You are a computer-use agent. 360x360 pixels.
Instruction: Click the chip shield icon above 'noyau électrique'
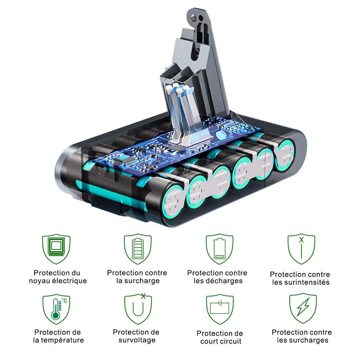point(56,249)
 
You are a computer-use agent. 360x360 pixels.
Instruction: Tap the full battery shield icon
point(138,249)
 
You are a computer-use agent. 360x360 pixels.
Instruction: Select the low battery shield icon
point(220,249)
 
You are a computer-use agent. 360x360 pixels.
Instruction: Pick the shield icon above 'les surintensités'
point(301,249)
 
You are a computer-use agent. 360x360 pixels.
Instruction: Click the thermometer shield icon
point(56,309)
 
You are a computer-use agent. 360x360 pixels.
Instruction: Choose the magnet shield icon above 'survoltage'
point(138,309)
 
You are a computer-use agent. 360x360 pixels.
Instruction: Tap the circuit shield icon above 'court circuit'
point(220,309)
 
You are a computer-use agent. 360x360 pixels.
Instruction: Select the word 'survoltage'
point(137,340)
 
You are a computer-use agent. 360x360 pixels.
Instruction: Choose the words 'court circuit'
point(221,341)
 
